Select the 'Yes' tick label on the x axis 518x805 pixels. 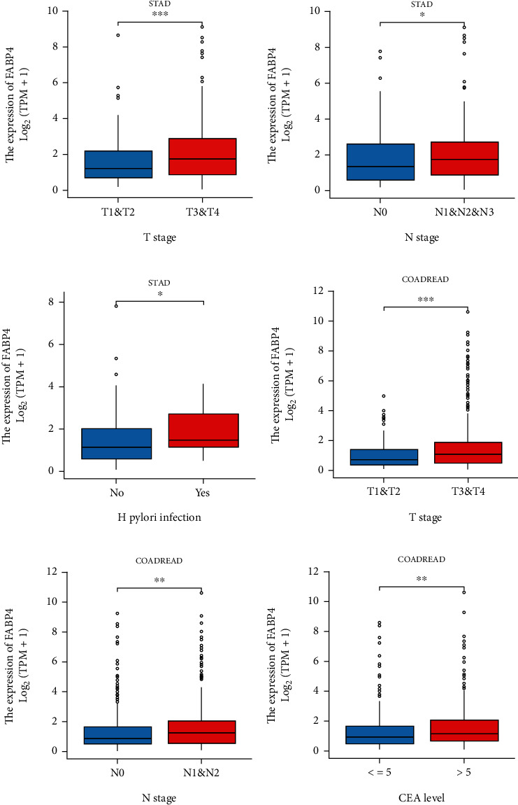(203, 492)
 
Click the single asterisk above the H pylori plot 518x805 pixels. (160, 295)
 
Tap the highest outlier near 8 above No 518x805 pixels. (117, 306)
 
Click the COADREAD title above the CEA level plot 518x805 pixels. (422, 559)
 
